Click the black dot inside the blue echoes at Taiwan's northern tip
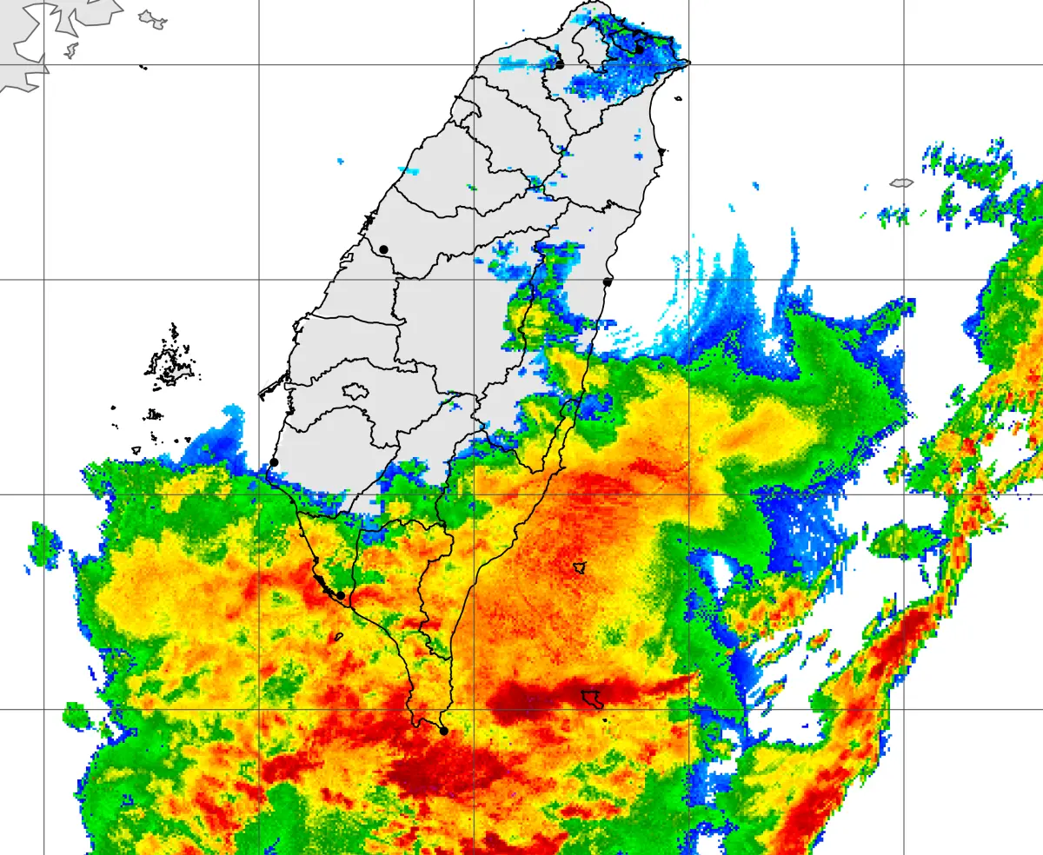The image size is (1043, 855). coord(639,50)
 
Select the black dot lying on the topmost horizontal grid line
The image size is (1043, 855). coord(560,64)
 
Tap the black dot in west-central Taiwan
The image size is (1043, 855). coord(383,249)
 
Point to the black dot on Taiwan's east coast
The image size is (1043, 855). coord(608,282)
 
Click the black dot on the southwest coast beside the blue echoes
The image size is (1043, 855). coord(274,462)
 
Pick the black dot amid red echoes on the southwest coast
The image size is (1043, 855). coord(341,595)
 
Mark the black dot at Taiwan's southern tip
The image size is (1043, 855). coord(443,731)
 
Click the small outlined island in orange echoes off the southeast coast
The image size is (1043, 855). coord(579,567)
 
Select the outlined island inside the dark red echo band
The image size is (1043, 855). coord(594,698)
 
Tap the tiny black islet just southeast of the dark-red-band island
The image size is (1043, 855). coord(604,719)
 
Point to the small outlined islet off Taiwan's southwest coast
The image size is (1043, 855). coord(338,636)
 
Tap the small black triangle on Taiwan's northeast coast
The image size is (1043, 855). coord(662,151)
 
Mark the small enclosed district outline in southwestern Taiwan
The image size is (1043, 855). coord(355,391)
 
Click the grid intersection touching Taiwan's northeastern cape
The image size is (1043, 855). coord(689,64)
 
